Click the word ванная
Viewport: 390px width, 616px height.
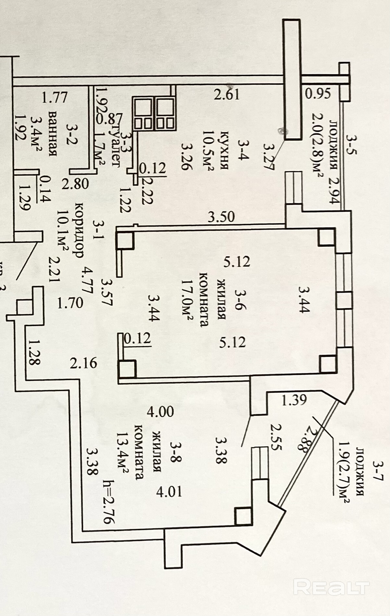(x=53, y=134)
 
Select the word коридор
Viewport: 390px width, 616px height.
(x=79, y=230)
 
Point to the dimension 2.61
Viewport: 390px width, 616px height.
(x=227, y=94)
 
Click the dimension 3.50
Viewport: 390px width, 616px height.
(x=221, y=216)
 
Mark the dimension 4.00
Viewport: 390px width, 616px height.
(x=160, y=412)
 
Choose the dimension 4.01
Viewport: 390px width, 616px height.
(x=169, y=492)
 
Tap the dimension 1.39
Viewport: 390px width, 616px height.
(x=294, y=400)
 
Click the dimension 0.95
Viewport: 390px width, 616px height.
(x=318, y=93)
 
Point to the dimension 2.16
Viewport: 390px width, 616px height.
(x=83, y=363)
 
